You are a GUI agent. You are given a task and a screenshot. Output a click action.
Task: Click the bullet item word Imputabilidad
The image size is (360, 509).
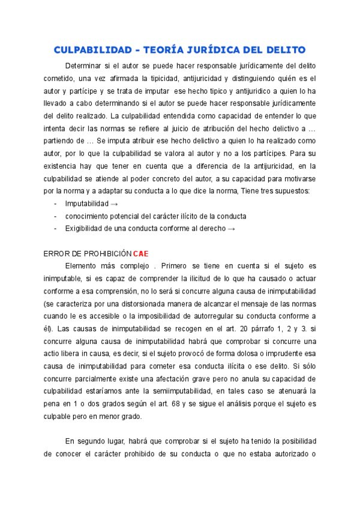pyautogui.click(x=87, y=203)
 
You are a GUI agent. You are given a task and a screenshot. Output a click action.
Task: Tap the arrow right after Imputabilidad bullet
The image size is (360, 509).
pyautogui.click(x=115, y=203)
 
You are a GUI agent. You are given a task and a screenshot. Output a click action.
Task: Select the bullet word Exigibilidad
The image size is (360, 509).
pyautogui.click(x=87, y=228)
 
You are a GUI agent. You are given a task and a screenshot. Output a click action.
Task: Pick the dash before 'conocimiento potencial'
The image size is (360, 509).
pyautogui.click(x=55, y=216)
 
